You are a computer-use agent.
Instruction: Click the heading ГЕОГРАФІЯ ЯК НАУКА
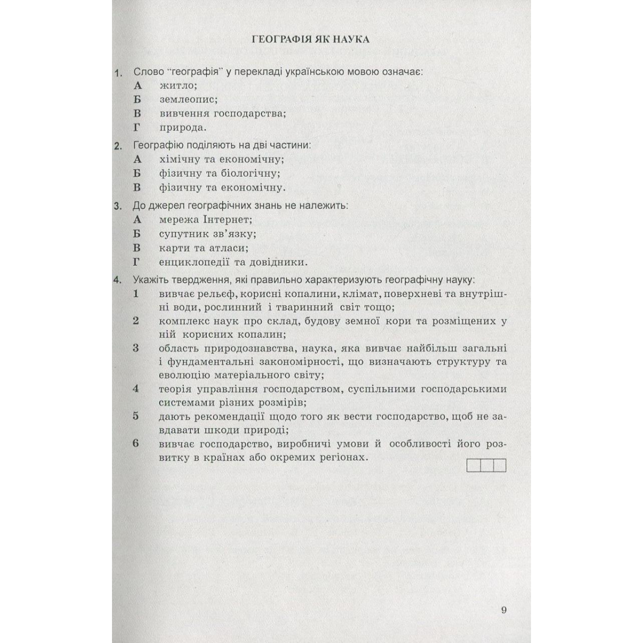click(310, 39)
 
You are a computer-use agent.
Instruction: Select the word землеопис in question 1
click(188, 99)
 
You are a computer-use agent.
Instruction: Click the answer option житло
click(178, 85)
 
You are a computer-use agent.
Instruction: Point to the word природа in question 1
click(183, 128)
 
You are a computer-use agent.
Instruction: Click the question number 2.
click(118, 146)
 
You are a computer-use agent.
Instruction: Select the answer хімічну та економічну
click(221, 159)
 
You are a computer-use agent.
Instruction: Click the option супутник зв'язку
click(207, 234)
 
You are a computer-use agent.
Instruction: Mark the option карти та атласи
click(204, 248)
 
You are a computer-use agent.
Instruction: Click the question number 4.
click(118, 280)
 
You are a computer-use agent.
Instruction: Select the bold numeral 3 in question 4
click(136, 348)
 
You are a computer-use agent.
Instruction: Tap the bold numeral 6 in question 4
click(136, 444)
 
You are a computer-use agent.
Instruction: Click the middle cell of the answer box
click(487, 466)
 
